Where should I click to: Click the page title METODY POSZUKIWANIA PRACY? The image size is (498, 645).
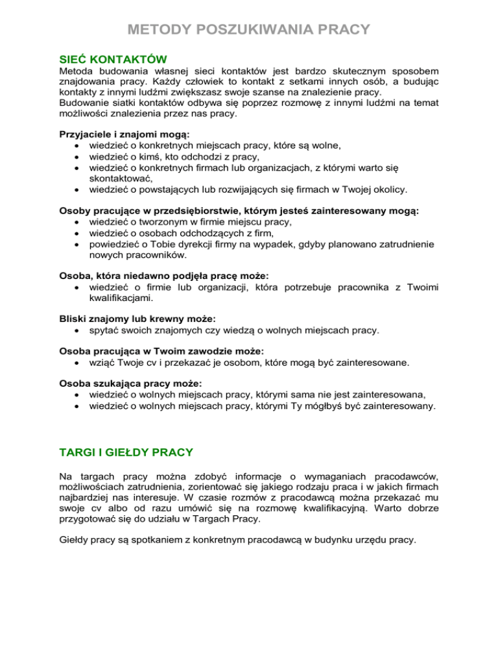[249, 30]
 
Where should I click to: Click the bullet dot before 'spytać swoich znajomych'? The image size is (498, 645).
[77, 330]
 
